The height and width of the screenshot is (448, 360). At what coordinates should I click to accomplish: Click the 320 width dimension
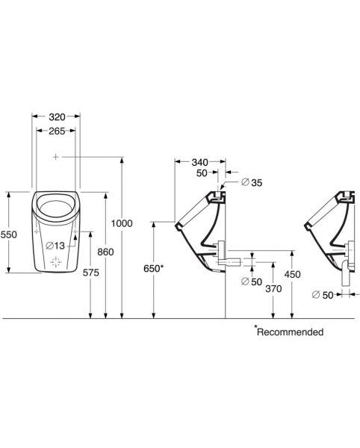(58, 117)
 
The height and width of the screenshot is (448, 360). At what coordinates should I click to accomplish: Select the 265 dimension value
(57, 131)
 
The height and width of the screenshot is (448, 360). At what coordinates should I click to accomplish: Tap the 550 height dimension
(9, 234)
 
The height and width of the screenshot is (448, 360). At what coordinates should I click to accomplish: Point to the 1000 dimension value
(122, 223)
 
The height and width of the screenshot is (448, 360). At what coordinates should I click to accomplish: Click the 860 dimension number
(105, 252)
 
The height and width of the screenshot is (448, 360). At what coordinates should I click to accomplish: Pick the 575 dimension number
(91, 273)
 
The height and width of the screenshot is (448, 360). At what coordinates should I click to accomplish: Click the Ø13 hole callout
(55, 246)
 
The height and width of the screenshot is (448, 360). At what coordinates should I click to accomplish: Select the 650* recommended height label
(153, 269)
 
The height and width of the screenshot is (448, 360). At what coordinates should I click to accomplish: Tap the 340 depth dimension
(200, 162)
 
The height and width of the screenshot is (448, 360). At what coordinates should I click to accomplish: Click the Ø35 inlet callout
(252, 182)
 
